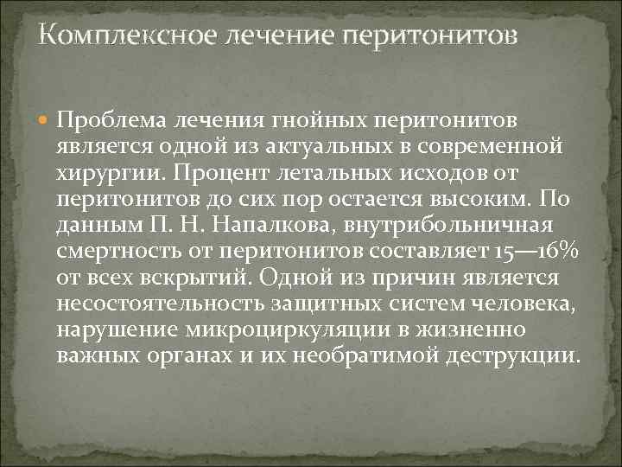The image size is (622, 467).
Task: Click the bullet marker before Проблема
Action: (46, 118)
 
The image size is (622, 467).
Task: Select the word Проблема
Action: (112, 118)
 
